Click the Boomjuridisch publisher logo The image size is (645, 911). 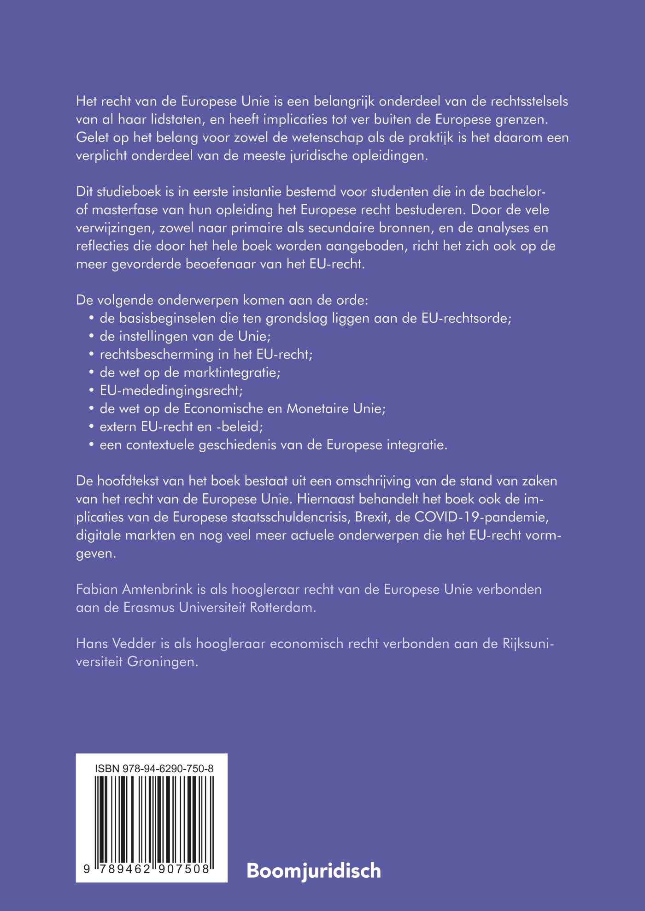click(314, 870)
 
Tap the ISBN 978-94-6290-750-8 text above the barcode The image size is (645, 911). click(154, 769)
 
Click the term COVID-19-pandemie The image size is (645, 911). click(481, 517)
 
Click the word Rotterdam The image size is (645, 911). click(283, 607)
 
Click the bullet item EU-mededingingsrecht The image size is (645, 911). click(171, 390)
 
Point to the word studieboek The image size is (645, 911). click(129, 191)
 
